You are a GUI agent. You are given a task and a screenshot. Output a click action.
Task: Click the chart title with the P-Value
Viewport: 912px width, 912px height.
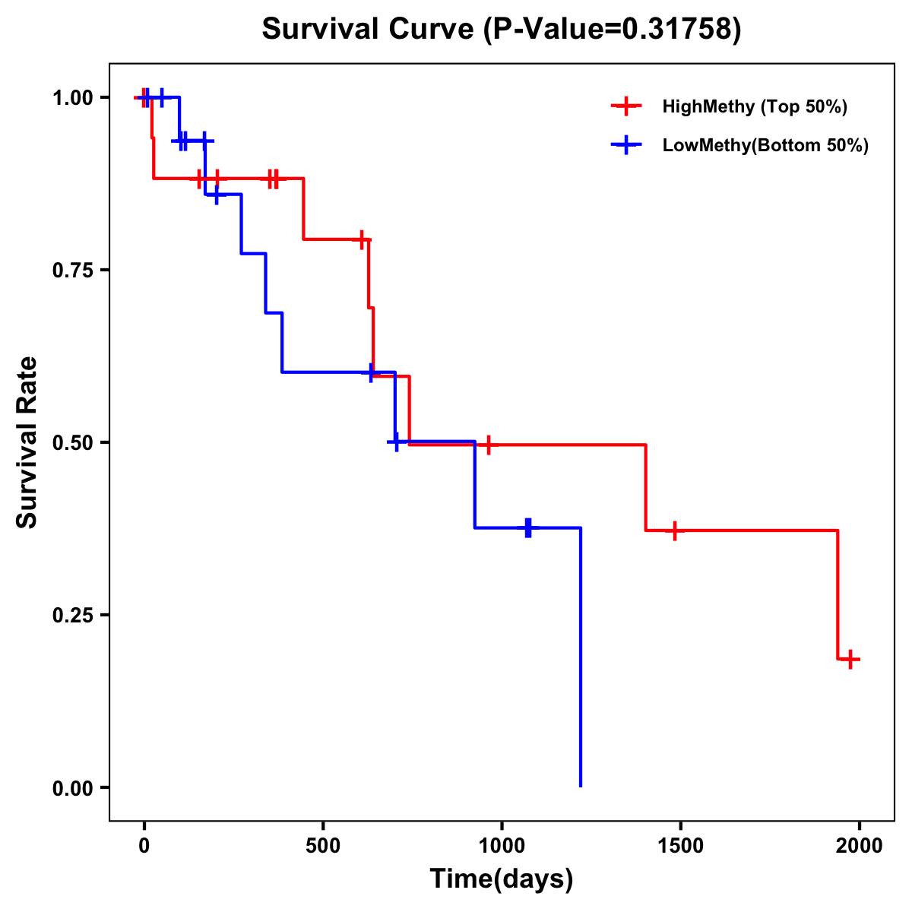[x=501, y=30]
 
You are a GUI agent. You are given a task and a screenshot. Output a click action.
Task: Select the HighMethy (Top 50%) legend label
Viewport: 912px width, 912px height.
[x=754, y=106]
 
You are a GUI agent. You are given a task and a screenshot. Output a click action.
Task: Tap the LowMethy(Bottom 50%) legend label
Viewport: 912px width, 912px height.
[x=765, y=145]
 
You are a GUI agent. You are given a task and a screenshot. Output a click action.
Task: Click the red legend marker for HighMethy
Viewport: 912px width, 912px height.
[x=625, y=106]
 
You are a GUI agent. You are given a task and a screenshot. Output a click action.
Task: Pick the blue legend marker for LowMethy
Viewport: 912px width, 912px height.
[x=625, y=145]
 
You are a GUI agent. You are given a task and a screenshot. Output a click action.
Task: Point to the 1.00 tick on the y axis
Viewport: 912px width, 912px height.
[x=72, y=98]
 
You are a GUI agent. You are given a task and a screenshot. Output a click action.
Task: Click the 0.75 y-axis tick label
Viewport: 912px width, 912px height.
[x=72, y=271]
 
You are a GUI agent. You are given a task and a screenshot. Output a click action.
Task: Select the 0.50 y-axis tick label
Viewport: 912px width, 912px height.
[x=72, y=443]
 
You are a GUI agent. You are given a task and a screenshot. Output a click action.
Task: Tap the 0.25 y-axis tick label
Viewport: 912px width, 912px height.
[x=72, y=616]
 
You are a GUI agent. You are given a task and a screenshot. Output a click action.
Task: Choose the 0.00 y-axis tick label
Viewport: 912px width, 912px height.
[x=72, y=788]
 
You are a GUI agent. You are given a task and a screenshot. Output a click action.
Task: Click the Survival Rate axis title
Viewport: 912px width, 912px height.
[x=27, y=442]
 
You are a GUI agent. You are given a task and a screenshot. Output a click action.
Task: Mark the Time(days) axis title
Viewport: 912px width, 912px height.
[x=502, y=879]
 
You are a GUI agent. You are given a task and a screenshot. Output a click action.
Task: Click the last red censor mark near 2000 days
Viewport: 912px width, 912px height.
[x=851, y=659]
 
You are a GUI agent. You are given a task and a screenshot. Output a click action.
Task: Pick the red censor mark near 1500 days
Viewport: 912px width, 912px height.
[x=674, y=530]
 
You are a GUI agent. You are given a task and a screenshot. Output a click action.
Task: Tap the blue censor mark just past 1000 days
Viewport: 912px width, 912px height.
[x=528, y=527]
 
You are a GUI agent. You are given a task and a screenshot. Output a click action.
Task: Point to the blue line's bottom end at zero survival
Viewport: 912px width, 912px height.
[x=581, y=785]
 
